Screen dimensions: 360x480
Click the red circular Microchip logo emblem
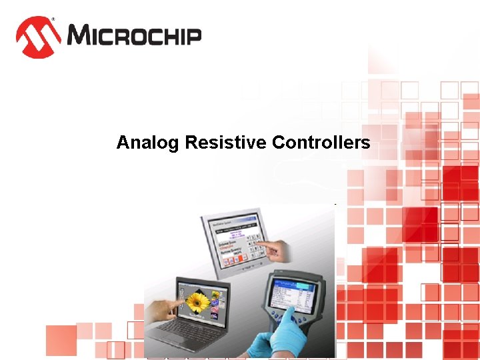(x=39, y=36)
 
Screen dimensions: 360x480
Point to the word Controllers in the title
(x=321, y=143)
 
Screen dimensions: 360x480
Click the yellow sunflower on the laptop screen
(x=198, y=303)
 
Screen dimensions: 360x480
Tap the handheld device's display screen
(x=295, y=296)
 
